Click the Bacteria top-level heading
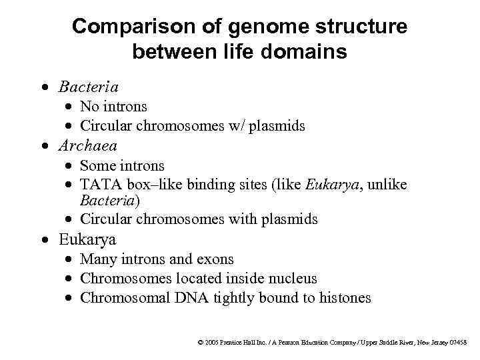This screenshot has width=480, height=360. [89, 87]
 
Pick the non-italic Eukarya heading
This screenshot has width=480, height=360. [87, 239]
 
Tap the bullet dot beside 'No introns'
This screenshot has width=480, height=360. [70, 107]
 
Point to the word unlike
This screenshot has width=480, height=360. [389, 185]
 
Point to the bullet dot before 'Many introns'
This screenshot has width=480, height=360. [70, 259]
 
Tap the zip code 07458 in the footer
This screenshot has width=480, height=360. [458, 343]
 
